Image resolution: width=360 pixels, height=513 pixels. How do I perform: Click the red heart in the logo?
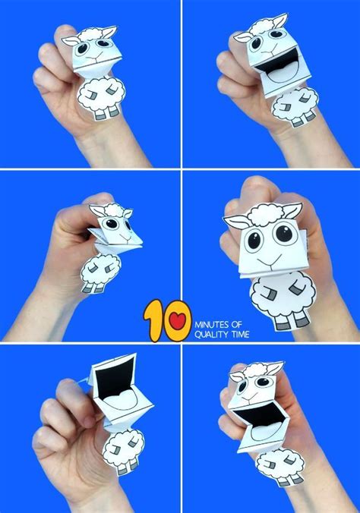(178, 321)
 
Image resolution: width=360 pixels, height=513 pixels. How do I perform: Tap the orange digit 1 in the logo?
(156, 319)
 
